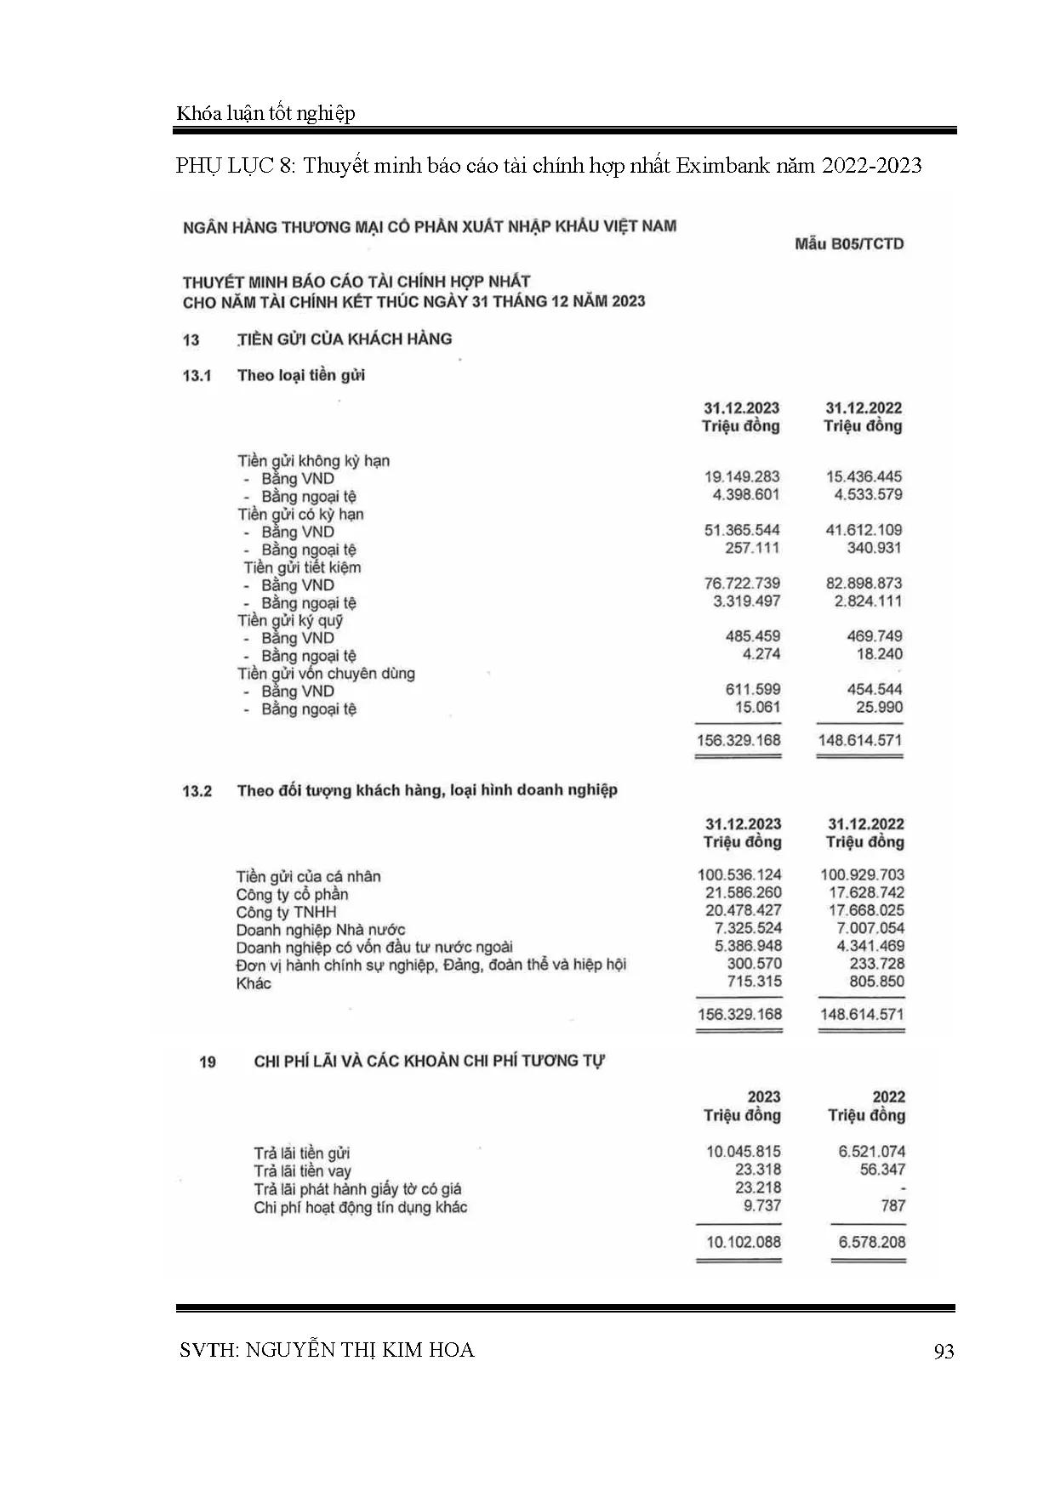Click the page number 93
944,1352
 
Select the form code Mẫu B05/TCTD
848,244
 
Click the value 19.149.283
742,477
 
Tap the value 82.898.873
864,584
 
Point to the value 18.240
880,654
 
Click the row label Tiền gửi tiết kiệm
302,567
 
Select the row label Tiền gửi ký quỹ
290,620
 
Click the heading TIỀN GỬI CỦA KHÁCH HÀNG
345,339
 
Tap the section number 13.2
197,791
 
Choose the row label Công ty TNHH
286,912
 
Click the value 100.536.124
739,875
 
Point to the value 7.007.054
870,929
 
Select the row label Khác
254,983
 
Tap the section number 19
208,1062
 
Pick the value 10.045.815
743,1152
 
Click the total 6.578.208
872,1242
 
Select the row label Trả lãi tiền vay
302,1171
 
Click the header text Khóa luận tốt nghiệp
265,113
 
